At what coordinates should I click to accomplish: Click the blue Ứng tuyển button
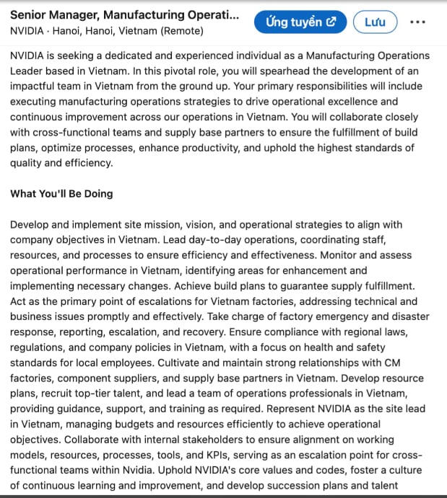(x=300, y=22)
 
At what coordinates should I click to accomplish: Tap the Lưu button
(x=375, y=22)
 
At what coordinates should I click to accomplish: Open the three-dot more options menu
(x=417, y=22)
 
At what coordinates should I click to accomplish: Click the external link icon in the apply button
(x=331, y=22)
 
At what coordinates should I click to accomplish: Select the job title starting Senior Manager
(x=123, y=14)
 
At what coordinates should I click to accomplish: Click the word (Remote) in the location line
(x=182, y=31)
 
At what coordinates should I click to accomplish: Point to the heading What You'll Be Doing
(x=61, y=194)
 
